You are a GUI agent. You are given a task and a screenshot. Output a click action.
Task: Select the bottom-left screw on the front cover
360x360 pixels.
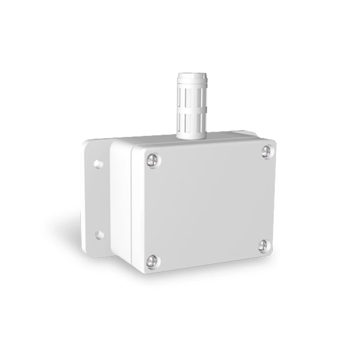point(152,261)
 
